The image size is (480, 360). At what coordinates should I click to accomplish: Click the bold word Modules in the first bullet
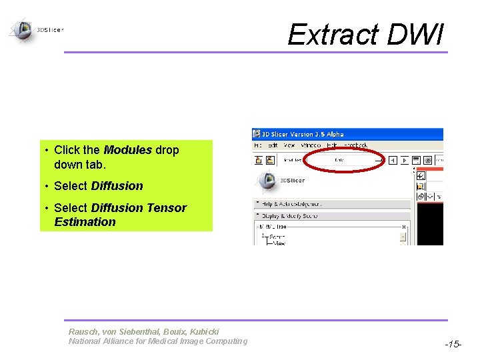pyautogui.click(x=127, y=150)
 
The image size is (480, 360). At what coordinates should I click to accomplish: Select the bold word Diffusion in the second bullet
pyautogui.click(x=117, y=186)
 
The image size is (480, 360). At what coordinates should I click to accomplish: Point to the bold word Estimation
pyautogui.click(x=85, y=222)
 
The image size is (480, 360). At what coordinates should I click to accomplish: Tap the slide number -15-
pyautogui.click(x=453, y=344)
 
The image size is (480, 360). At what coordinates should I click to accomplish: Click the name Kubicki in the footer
pyautogui.click(x=202, y=331)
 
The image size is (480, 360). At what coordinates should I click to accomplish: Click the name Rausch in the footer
pyautogui.click(x=83, y=331)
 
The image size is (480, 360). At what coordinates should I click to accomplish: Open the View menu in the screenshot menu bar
pyautogui.click(x=289, y=145)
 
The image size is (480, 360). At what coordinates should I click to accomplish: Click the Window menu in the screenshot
pyautogui.click(x=311, y=145)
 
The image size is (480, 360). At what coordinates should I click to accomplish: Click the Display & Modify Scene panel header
pyautogui.click(x=291, y=215)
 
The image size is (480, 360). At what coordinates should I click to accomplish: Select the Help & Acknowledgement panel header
pyautogui.click(x=291, y=203)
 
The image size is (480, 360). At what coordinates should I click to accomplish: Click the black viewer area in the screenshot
pyautogui.click(x=429, y=223)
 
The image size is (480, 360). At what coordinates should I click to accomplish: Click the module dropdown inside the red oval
pyautogui.click(x=340, y=160)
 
